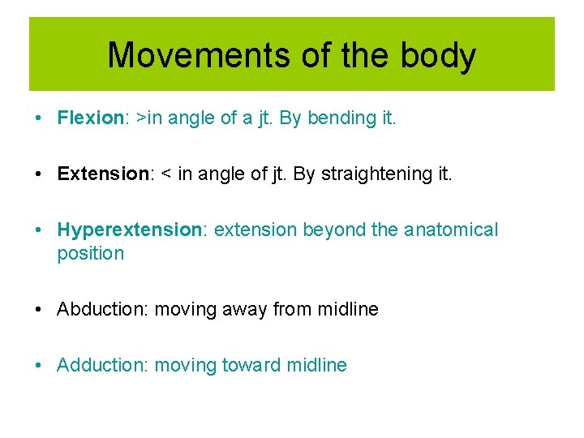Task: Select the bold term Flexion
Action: tap(88, 118)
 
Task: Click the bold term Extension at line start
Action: tap(97, 174)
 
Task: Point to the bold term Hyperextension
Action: tap(129, 230)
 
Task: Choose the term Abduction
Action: tap(102, 309)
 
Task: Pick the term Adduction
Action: tap(102, 365)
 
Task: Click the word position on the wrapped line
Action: tap(90, 254)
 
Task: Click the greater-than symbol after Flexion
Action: tap(141, 118)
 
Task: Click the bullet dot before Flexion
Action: tap(39, 118)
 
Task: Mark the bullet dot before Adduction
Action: tap(39, 365)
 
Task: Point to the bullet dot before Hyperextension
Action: tap(39, 230)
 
